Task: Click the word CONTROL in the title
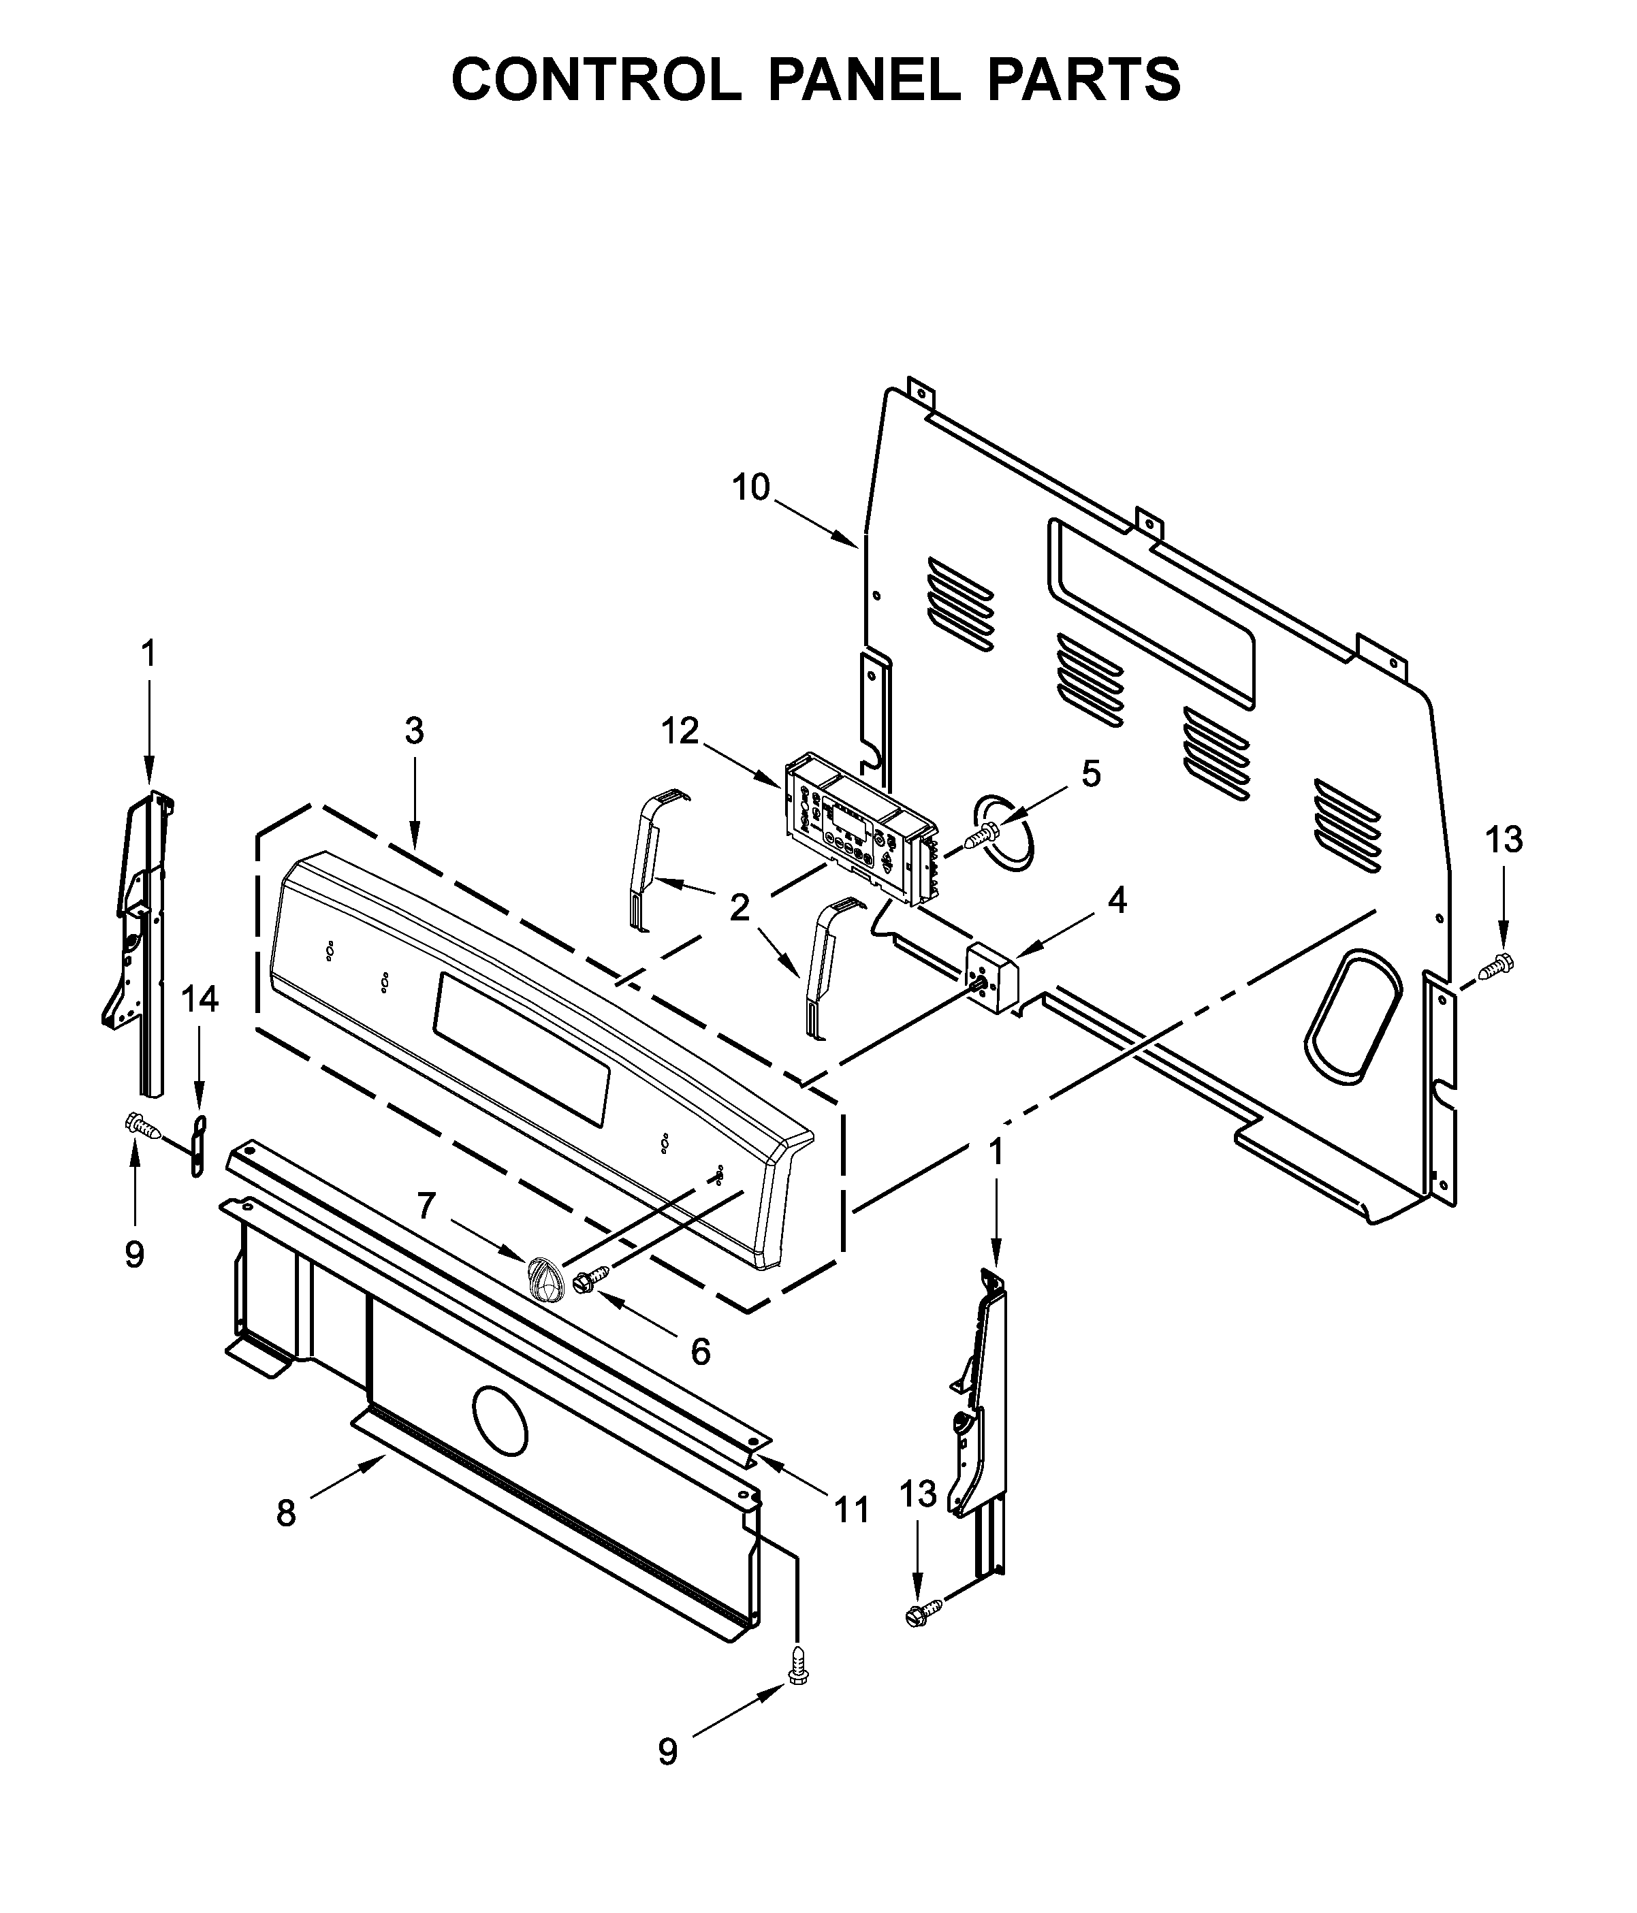596,80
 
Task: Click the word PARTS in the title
1083,80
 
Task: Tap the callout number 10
750,487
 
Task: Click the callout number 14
200,999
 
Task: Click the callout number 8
286,1514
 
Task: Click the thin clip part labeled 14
197,1146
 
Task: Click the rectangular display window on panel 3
522,1049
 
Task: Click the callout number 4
1117,899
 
